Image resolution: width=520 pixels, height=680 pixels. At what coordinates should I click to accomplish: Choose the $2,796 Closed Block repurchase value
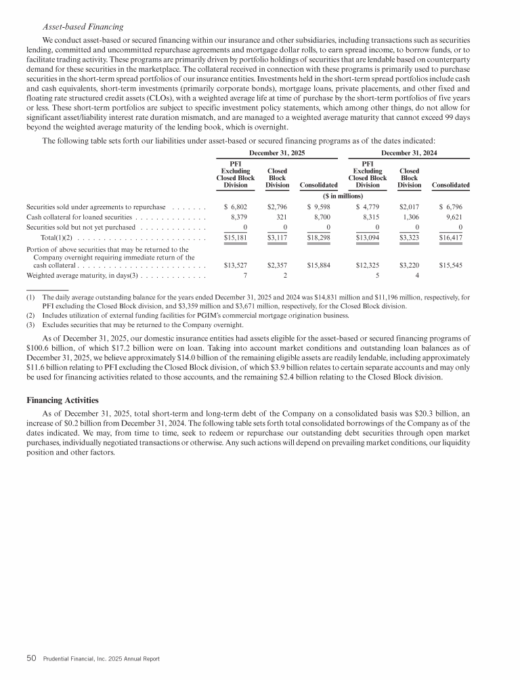tap(278, 206)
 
